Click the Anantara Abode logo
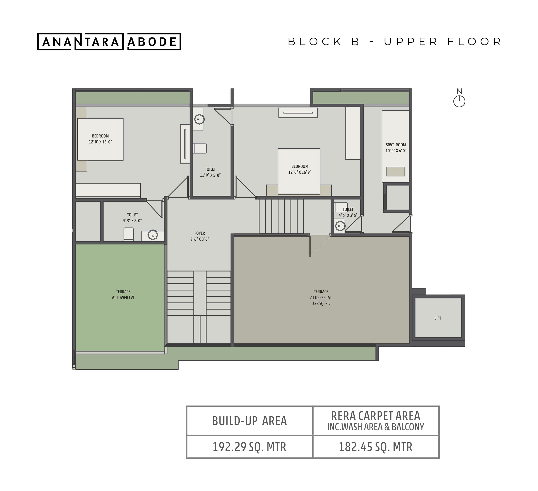109,41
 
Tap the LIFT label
438,318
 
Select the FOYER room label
200,233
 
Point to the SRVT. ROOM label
396,145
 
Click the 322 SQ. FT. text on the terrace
321,303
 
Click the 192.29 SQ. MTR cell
249,447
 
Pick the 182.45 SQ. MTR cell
376,447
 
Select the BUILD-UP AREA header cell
249,421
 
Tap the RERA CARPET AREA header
376,416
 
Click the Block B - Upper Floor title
395,42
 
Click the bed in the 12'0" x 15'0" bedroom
100,139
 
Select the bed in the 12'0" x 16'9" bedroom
299,171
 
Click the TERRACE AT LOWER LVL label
123,295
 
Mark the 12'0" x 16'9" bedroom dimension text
300,172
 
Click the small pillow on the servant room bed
396,171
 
